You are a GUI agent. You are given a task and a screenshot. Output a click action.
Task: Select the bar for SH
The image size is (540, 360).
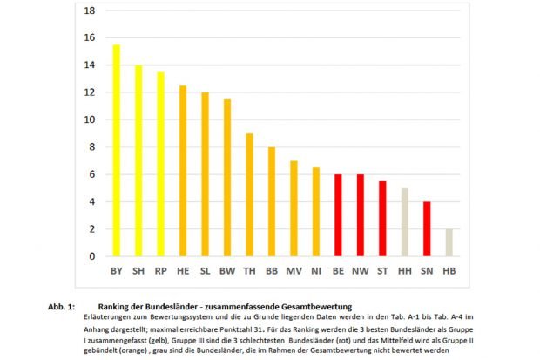[x=138, y=161]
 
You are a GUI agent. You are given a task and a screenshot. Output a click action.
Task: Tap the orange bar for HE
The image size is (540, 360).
[x=183, y=171]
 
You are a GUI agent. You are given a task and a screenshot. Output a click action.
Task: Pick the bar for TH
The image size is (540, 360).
[x=249, y=195]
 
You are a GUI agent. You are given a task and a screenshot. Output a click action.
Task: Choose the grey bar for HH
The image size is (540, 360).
[x=404, y=222]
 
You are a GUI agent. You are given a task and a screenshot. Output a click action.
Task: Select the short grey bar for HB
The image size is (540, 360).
[x=449, y=243]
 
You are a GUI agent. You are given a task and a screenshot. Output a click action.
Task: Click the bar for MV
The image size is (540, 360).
[x=294, y=209]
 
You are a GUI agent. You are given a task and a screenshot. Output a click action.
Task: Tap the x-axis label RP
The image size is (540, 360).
[x=160, y=271]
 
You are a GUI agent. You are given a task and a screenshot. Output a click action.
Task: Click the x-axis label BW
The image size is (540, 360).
[x=226, y=271]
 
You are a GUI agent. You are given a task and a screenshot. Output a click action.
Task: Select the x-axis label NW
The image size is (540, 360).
[x=360, y=271]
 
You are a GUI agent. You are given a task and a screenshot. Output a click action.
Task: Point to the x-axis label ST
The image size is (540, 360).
[x=382, y=271]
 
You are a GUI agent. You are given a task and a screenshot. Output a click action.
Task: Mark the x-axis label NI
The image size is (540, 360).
[x=315, y=271]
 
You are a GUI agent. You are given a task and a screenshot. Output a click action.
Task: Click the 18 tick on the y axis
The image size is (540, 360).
[x=89, y=10]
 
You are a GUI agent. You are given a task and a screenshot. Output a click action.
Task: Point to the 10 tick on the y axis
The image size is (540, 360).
[x=89, y=119]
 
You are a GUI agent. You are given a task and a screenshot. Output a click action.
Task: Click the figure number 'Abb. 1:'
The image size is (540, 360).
[x=62, y=307]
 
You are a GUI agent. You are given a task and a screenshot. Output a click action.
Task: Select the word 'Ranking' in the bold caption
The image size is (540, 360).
[x=118, y=307]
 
